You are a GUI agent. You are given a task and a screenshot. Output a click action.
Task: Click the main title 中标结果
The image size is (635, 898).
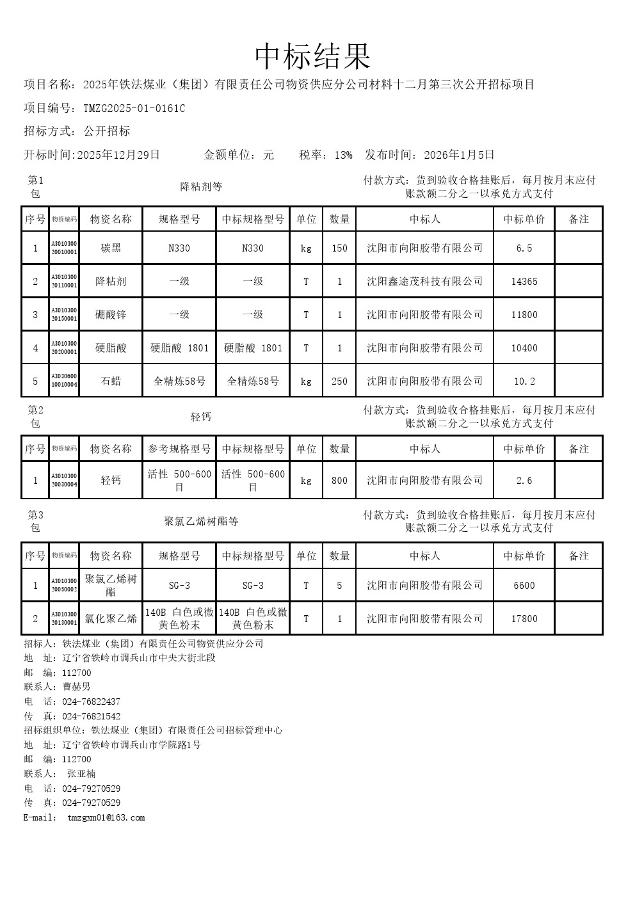pos(313,56)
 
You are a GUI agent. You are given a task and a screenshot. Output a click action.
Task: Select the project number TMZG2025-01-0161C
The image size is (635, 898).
pos(134,108)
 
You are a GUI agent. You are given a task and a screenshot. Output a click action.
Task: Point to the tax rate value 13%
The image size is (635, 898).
pos(343,155)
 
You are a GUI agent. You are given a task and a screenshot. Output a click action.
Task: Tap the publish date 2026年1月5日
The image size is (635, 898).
pos(459,155)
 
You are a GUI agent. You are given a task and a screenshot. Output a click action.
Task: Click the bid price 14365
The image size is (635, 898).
pos(524,282)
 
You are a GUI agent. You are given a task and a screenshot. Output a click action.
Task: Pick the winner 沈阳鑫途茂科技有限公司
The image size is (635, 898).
pos(424,282)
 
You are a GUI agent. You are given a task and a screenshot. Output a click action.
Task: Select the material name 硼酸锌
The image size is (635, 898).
pos(111,315)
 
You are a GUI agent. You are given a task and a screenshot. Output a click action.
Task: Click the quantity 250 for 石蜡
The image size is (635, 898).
pos(339,381)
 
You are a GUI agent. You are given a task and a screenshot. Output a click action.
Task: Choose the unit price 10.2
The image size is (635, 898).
pos(524,381)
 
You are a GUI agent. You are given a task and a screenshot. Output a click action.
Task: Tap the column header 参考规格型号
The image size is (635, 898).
pos(179,449)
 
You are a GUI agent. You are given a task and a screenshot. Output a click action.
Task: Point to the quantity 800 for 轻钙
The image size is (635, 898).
pos(339,481)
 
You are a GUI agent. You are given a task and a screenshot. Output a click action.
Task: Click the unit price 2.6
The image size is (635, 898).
pos(524,481)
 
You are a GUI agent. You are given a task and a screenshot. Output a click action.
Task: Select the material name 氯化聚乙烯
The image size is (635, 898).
pos(111,619)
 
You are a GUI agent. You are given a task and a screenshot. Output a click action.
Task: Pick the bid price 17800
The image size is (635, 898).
pos(524,619)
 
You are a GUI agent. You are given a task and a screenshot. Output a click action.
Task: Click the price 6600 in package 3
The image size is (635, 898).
pos(524,586)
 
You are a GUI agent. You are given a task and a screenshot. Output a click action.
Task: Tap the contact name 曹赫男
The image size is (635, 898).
pos(77,687)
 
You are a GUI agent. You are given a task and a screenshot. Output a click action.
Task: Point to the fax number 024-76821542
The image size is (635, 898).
pos(91,716)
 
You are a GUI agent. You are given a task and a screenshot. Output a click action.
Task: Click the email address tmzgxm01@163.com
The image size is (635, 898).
pos(106,818)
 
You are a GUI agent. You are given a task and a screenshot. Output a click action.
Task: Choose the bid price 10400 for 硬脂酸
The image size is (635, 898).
pos(524,348)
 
